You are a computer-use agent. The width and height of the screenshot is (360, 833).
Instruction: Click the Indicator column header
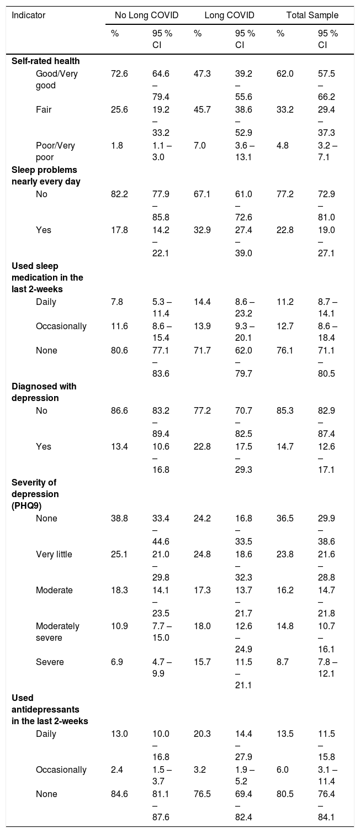28,15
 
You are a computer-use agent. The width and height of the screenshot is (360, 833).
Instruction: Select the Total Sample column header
313,15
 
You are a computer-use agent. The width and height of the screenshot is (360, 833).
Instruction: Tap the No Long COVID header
146,15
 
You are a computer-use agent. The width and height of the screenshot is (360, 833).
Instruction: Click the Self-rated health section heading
45,61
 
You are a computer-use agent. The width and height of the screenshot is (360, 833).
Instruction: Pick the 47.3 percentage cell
202,73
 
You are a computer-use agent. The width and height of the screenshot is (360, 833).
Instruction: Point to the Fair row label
44,110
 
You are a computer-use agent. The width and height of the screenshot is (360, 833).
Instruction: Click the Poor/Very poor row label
55,151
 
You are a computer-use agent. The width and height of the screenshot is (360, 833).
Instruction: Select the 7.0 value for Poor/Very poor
200,145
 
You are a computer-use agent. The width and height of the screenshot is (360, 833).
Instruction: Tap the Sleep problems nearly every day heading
46,176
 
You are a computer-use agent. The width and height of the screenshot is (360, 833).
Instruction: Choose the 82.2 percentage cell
119,194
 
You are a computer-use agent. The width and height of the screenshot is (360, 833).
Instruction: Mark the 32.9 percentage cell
202,230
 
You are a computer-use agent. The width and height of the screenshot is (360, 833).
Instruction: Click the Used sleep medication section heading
47,277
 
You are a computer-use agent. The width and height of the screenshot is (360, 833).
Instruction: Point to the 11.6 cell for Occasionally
119,326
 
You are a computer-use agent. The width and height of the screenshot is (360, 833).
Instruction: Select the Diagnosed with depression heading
44,392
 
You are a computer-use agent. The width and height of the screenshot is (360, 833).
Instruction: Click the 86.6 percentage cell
119,410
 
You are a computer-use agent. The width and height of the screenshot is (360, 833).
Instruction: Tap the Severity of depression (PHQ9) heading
35,494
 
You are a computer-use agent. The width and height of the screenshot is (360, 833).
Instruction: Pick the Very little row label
54,554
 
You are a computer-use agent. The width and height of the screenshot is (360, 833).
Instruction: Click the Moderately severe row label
57,632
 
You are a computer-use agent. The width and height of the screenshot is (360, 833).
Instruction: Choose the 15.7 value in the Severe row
202,662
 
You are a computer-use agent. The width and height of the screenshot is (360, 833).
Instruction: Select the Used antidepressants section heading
50,709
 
